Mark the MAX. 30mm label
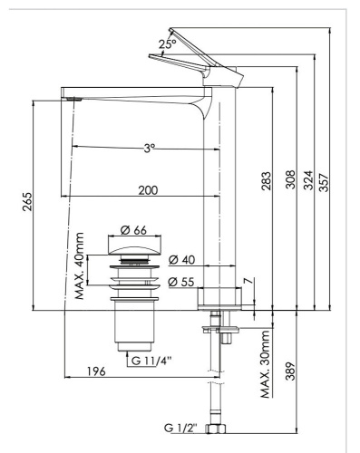[x=266, y=364]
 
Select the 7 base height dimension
[x=247, y=287]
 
